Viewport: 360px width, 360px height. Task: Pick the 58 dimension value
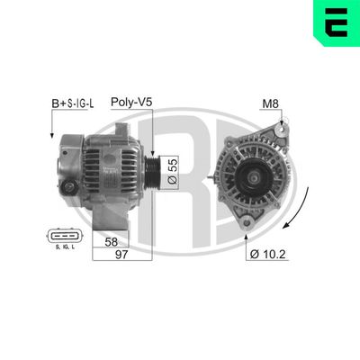coord(110,241)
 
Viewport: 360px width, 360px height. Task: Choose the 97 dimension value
coord(110,257)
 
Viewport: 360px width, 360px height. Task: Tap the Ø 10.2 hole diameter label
coord(267,254)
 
